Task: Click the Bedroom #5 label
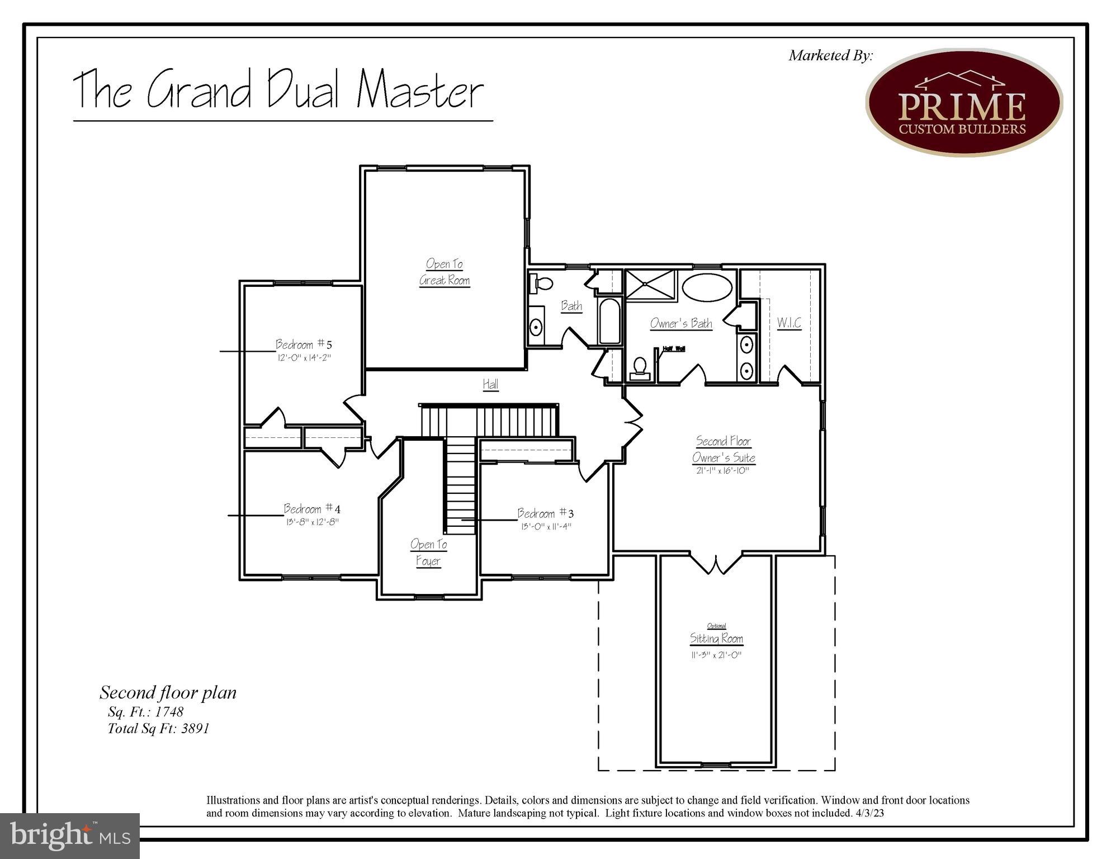[304, 344]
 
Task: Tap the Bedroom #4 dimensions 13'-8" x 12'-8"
[312, 522]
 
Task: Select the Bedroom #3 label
[545, 513]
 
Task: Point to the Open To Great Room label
[445, 272]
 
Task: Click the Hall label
[490, 384]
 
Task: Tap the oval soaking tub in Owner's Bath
[707, 288]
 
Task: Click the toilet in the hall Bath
[541, 283]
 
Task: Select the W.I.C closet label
[789, 323]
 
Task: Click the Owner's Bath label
[681, 324]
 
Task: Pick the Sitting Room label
[716, 639]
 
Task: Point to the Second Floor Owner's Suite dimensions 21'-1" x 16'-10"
[722, 471]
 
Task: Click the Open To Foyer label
[428, 553]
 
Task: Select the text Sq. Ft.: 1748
[145, 712]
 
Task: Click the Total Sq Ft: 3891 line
[158, 729]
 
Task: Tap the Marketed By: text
[830, 55]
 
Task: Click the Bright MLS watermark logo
[70, 836]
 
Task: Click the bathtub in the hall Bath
[609, 321]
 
